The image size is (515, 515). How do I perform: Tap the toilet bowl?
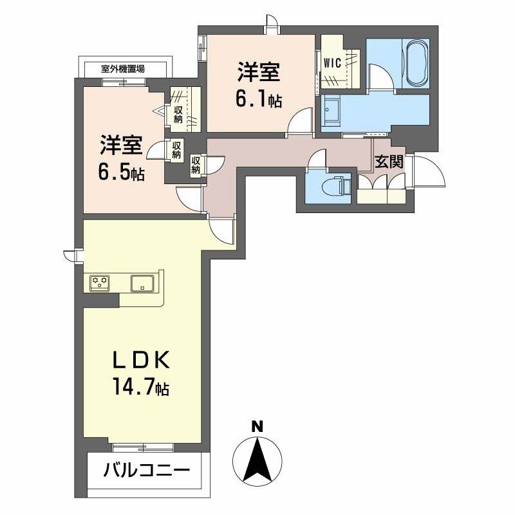coord(334,187)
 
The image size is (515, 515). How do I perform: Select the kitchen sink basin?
coord(142,283)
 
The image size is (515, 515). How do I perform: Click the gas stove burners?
coord(100,283)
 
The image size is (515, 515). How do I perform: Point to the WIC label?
coord(332,62)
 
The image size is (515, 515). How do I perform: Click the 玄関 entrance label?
coord(389,162)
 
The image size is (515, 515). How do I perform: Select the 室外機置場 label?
coord(123,70)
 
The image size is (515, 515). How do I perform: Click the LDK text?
coord(142,360)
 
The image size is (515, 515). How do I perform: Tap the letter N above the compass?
coord(257,427)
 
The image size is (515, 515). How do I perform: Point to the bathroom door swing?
coord(381,77)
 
